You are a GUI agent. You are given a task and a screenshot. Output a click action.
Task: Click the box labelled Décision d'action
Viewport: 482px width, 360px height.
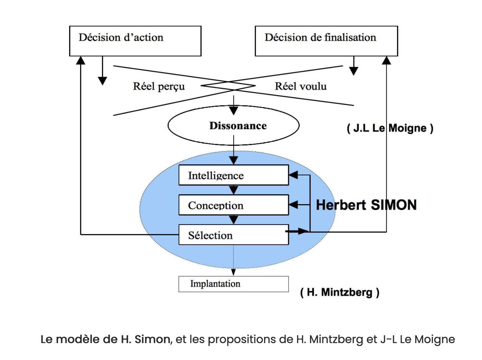pyautogui.click(x=135, y=41)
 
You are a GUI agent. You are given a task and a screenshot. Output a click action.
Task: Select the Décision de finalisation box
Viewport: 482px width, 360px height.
pyautogui.click(x=326, y=41)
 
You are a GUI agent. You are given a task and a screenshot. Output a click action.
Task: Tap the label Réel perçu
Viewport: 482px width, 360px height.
pyautogui.click(x=159, y=86)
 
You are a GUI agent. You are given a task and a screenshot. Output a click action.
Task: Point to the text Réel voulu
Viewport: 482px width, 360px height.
pyautogui.click(x=301, y=86)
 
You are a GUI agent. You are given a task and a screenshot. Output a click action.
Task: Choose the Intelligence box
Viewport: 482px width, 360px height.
pyautogui.click(x=234, y=175)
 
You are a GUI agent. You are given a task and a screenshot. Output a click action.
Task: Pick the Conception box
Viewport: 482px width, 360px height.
pyautogui.click(x=234, y=205)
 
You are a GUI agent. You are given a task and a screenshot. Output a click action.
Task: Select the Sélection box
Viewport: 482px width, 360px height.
pyautogui.click(x=234, y=235)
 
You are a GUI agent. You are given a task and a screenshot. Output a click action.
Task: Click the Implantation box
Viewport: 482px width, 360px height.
pyautogui.click(x=234, y=284)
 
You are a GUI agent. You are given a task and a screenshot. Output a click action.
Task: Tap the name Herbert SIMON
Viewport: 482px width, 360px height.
pyautogui.click(x=366, y=205)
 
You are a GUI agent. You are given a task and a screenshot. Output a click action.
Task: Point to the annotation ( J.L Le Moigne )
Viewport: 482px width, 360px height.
pyautogui.click(x=390, y=128)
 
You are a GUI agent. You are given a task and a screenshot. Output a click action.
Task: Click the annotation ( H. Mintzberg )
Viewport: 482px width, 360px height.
pyautogui.click(x=340, y=292)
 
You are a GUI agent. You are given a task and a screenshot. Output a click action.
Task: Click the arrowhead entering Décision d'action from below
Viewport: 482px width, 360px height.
pyautogui.click(x=81, y=61)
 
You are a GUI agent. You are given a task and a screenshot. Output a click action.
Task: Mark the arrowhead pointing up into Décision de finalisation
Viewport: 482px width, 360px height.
pyautogui.click(x=386, y=61)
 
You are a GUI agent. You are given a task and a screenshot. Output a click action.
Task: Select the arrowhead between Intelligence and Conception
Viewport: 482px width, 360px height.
pyautogui.click(x=234, y=190)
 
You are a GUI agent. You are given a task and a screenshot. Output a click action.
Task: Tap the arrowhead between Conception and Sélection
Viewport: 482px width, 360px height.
pyautogui.click(x=234, y=220)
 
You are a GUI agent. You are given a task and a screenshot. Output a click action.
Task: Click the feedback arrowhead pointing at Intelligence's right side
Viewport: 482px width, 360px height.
pyautogui.click(x=293, y=175)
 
